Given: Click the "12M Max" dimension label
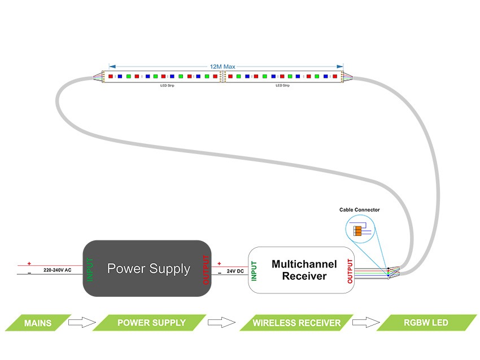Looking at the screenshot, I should click(222, 67).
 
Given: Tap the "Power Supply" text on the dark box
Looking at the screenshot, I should click(149, 269).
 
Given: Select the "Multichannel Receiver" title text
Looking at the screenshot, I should click(304, 270).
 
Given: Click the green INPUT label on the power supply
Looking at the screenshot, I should click(90, 269).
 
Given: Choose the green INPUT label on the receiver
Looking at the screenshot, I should click(254, 271).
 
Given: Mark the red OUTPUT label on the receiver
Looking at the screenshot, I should click(350, 271).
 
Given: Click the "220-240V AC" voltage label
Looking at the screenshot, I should click(58, 270).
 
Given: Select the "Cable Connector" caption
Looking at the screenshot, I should click(360, 210).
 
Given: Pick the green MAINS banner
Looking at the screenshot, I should click(38, 323).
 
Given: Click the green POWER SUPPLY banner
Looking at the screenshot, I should click(151, 323).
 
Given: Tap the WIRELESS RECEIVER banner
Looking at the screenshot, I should click(296, 323).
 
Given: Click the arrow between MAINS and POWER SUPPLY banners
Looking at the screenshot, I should click(80, 323).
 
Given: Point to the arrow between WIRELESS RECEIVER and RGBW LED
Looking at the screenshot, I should click(365, 323).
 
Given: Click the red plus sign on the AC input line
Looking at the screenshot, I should click(29, 263).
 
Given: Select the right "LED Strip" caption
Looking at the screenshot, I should click(282, 86).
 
